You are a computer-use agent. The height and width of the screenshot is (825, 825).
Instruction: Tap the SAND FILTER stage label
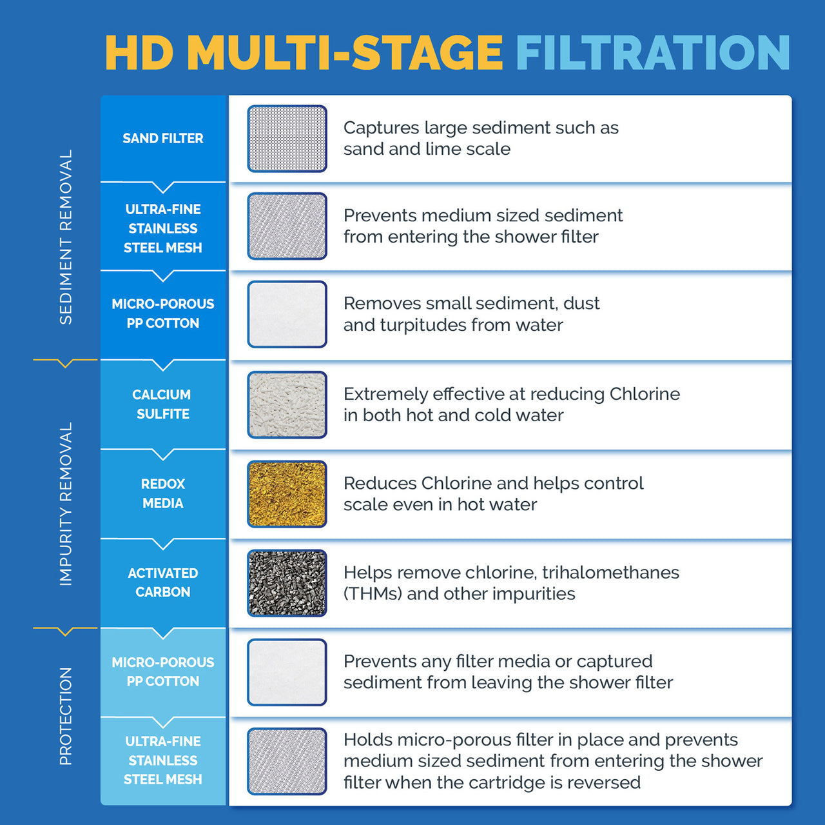point(163,138)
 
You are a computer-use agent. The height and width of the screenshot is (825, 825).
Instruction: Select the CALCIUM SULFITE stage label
point(162,404)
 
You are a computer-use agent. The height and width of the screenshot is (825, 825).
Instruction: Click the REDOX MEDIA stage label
point(163,493)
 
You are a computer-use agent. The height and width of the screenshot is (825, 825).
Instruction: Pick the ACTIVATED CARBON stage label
point(163,582)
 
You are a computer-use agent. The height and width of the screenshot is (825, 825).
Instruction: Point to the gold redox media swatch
point(287,494)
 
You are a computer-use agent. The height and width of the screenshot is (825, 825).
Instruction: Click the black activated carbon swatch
point(287,583)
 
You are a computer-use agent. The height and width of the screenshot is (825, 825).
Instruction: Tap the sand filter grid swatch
point(287,139)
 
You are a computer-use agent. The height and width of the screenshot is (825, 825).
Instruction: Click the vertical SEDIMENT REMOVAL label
point(66,237)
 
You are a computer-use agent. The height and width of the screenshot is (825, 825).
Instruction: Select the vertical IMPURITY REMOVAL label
point(66,504)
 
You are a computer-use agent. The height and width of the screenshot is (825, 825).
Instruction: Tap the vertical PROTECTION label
point(66,716)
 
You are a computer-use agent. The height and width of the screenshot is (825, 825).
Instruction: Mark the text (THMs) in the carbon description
point(373,593)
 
